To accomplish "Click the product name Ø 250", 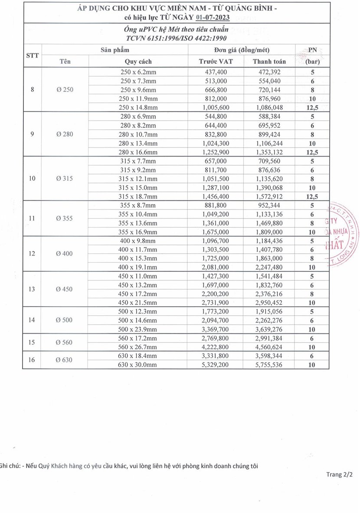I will click(x=65, y=90).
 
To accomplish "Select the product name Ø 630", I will click(x=65, y=360).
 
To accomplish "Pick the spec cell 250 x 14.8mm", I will click(x=138, y=107).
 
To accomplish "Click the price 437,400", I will click(x=216, y=72).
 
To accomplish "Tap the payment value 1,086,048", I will click(x=269, y=107).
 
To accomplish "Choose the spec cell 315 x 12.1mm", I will click(x=138, y=178).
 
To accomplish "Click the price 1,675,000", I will click(x=216, y=232).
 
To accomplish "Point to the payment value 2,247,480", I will click(x=269, y=267).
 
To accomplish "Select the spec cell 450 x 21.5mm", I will click(x=138, y=302).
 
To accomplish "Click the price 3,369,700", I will click(x=216, y=329).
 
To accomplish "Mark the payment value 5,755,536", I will click(x=269, y=365).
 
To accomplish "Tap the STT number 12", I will click(x=32, y=254).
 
